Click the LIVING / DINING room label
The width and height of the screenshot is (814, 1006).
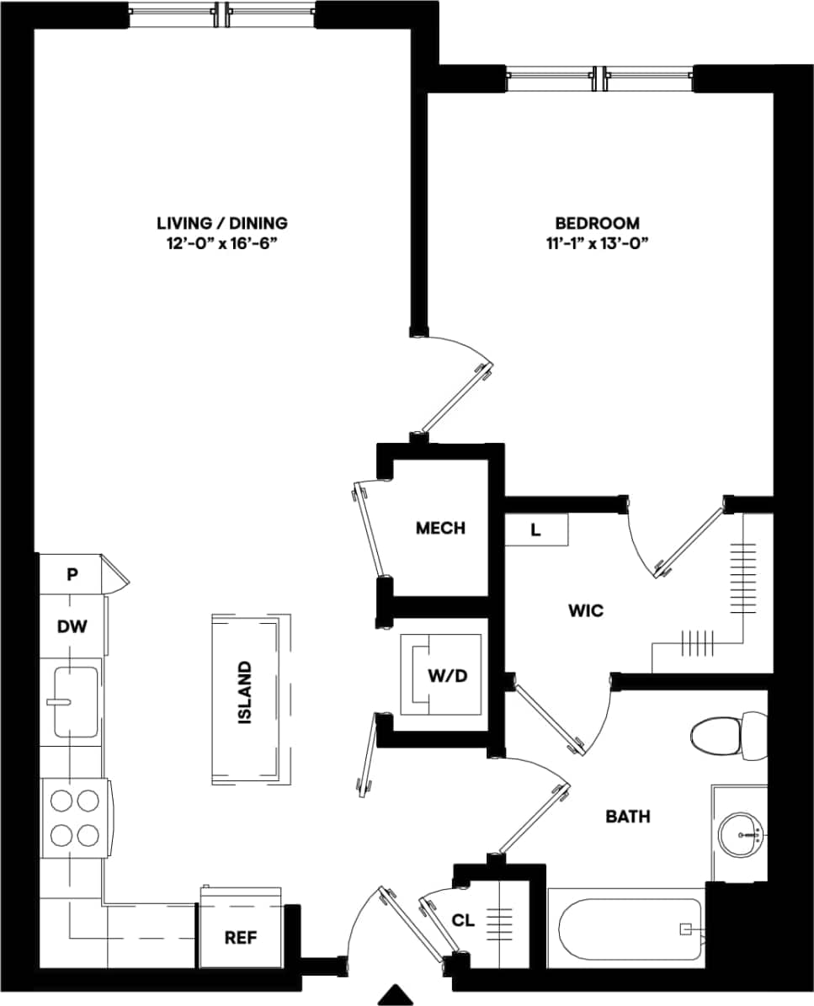click(222, 223)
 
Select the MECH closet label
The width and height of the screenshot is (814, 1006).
click(440, 528)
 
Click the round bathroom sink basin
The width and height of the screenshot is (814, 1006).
click(742, 834)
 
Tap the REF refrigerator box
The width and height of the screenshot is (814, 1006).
click(240, 937)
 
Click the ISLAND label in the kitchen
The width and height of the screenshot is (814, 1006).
click(245, 693)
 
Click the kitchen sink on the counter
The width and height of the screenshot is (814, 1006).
click(74, 700)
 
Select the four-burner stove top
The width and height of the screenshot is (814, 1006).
click(74, 818)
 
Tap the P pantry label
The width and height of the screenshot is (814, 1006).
click(72, 575)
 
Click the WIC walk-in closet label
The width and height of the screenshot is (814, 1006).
click(586, 610)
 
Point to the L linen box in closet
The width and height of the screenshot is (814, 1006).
click(535, 530)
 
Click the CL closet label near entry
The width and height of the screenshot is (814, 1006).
click(464, 921)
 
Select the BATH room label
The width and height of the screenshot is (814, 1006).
click(628, 816)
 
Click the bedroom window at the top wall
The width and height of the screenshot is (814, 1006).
click(599, 79)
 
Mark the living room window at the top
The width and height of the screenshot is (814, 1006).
click(222, 14)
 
